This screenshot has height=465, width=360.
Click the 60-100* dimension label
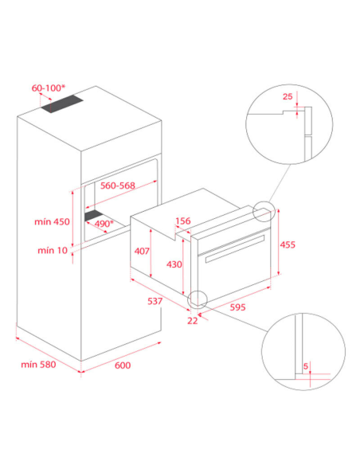pos(49,88)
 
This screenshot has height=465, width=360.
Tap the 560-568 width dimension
pos(118,186)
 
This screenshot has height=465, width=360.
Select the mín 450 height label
pos(53,221)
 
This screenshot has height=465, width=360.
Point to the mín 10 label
pos(53,251)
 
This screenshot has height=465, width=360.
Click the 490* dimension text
pos(104,223)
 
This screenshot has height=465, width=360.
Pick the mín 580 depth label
pos(38,364)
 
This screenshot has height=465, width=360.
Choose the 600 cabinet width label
pos(123,365)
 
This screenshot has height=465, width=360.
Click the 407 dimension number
pos(142,251)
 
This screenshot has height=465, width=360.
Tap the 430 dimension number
pos(174,264)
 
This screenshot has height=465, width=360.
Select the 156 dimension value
pos(183,221)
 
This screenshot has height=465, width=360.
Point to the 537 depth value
pos(155,301)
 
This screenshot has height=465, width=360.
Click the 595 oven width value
pos(238,307)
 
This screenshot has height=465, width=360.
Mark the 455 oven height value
pos(288,244)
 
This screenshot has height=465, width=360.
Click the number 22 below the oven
pos(193,321)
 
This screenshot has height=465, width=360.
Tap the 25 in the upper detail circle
pos(288,96)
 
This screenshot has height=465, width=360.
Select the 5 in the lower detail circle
pos(306,366)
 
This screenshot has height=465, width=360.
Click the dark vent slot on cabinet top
pos(62,104)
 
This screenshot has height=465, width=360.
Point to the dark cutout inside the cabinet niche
pos(94,216)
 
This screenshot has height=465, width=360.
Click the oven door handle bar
pos(235,248)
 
